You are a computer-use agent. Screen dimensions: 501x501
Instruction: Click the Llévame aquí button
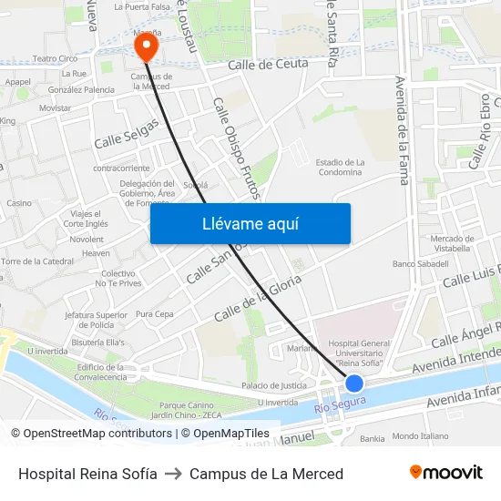[x=250, y=223]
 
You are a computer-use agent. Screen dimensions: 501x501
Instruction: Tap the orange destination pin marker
[x=145, y=45]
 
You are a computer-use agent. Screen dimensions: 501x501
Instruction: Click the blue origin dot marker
[x=354, y=383]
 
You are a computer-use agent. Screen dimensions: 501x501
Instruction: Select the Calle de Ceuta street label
[x=268, y=64]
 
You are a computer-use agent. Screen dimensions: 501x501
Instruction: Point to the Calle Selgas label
[x=127, y=133]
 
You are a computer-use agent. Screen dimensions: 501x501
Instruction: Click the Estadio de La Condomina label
[x=340, y=168]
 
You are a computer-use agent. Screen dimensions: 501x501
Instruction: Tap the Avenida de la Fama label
[x=401, y=129]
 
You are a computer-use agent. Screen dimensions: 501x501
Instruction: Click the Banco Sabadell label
[x=420, y=263]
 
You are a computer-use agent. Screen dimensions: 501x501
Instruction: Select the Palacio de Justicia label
[x=273, y=385]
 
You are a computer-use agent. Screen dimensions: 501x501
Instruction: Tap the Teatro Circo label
[x=56, y=58]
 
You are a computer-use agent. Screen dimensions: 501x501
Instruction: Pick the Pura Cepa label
[x=154, y=314]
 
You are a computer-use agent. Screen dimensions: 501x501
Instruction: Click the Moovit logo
[x=446, y=472]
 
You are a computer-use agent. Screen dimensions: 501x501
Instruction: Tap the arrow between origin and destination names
[x=173, y=474]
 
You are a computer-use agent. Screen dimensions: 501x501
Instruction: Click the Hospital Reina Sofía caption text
[x=87, y=474]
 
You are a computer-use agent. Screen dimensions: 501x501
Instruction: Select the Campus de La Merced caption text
[x=266, y=474]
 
